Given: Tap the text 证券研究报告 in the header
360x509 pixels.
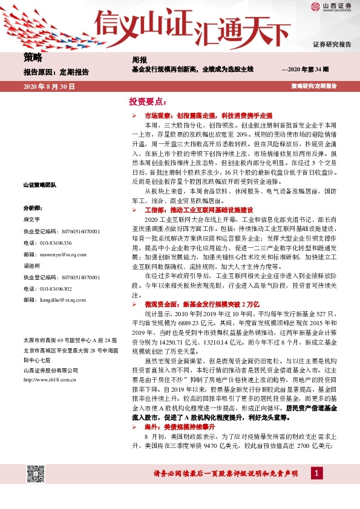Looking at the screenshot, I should (x=332, y=45).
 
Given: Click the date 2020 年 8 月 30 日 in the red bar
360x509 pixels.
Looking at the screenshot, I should (x=49, y=87).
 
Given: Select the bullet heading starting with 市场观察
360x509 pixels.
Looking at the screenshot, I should (x=208, y=114).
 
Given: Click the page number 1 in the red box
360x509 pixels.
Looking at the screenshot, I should (x=316, y=473).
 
